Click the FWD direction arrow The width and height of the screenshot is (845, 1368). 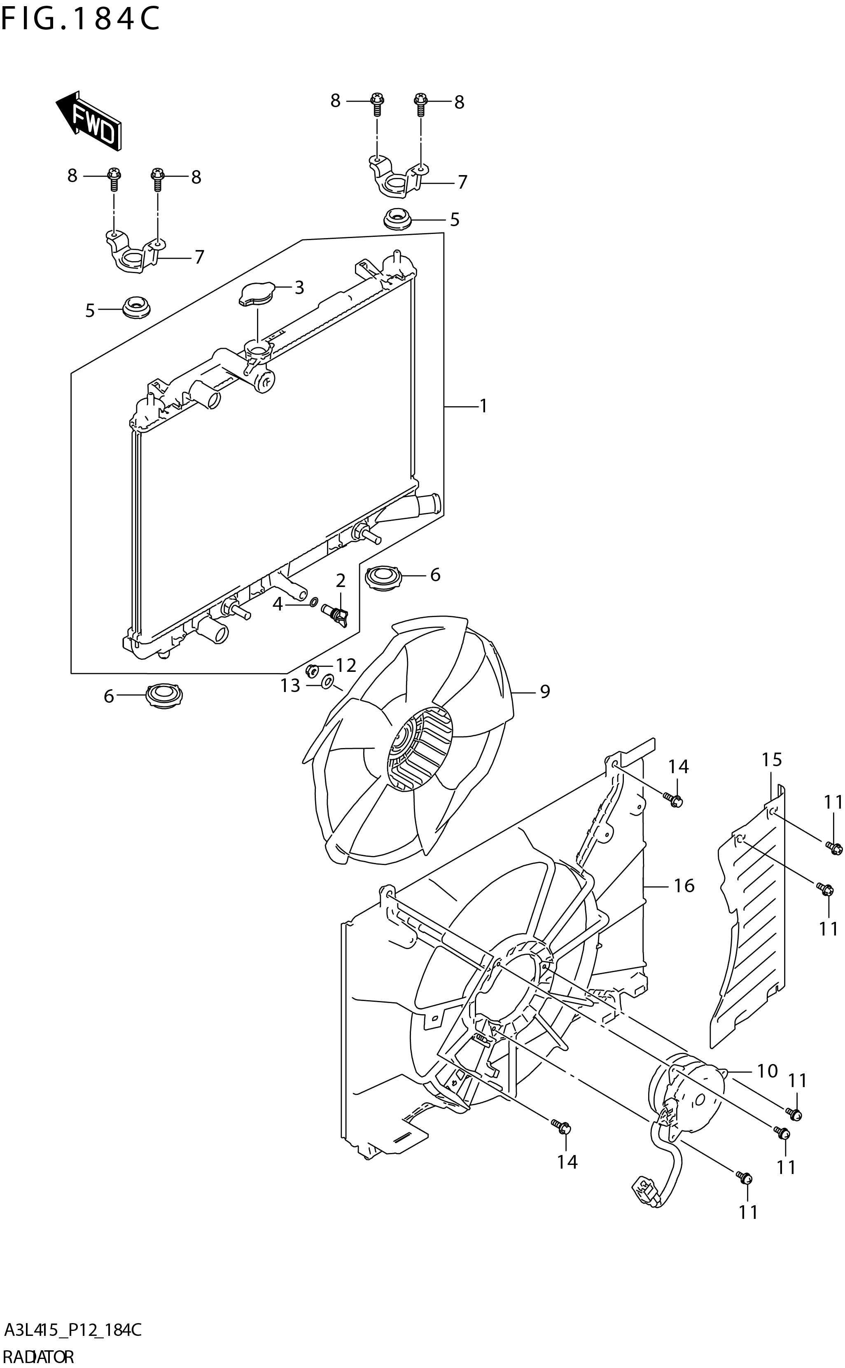(x=89, y=121)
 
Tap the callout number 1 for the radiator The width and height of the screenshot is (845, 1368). (x=483, y=407)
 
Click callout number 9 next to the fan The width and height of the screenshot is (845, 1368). (x=544, y=692)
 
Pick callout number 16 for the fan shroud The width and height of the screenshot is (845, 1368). (x=684, y=886)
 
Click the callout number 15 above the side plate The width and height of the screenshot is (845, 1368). (x=771, y=760)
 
